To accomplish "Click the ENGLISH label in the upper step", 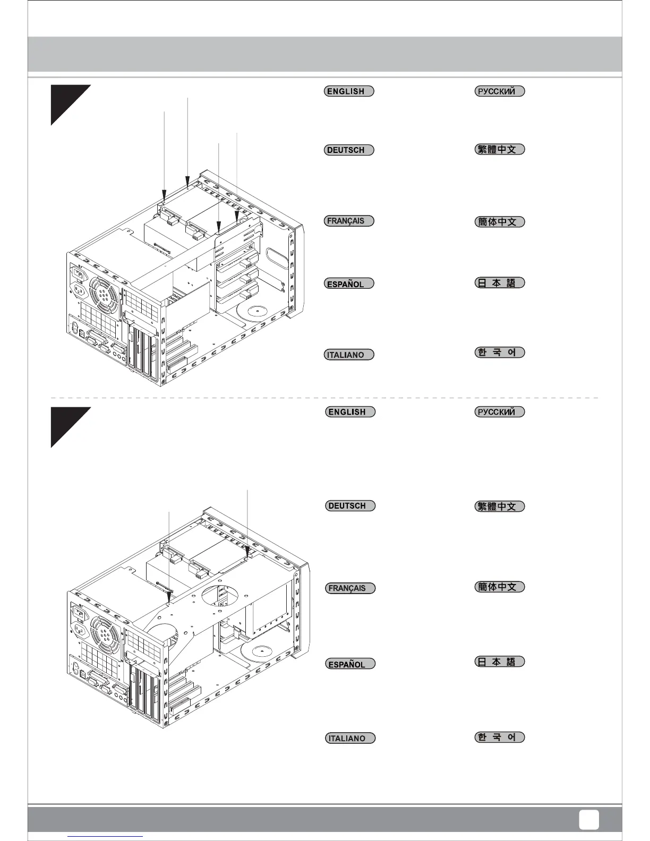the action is tap(349, 91).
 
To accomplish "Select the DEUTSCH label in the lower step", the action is tap(350, 505).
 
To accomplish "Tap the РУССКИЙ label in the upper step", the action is tap(499, 91).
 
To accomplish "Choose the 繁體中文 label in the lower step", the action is tap(499, 507).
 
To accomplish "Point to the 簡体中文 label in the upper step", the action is tap(499, 221).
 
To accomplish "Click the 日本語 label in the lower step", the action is tap(499, 662).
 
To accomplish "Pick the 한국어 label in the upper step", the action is tap(499, 352).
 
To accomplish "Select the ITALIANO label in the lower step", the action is tap(350, 738).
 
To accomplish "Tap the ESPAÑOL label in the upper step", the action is tap(349, 284).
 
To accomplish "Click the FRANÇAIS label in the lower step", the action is tap(350, 588).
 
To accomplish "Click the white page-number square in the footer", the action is tap(588, 819).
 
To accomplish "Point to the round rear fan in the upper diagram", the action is tap(105, 294).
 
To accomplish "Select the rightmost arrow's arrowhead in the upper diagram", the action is tap(237, 217).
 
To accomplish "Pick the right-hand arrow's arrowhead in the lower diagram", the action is tap(248, 554).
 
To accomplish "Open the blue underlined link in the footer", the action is tap(106, 837).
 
